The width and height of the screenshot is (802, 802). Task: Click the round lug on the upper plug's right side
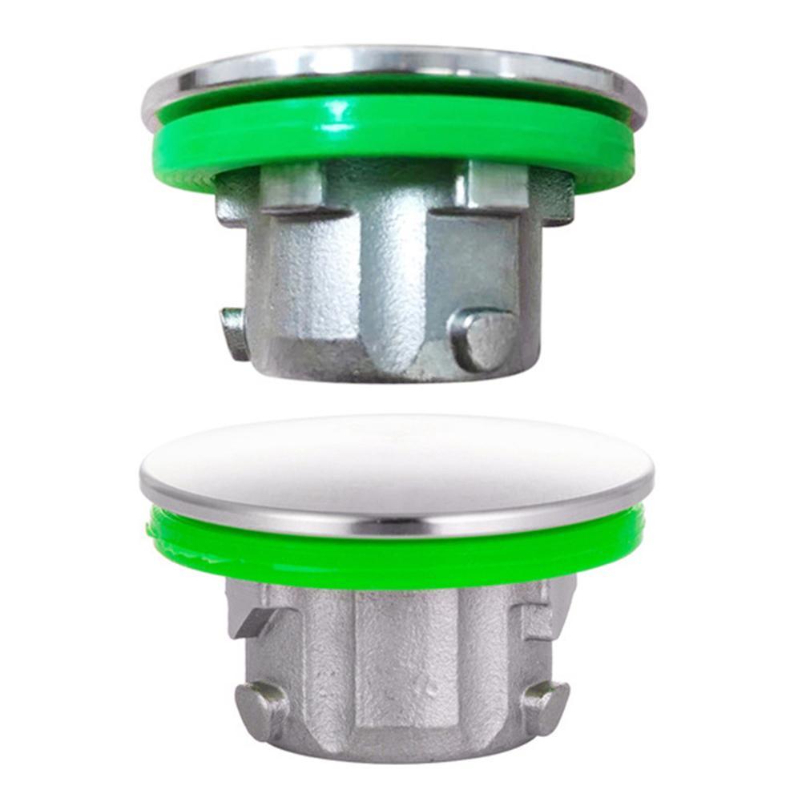click(483, 338)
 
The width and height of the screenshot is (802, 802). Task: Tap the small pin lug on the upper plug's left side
click(234, 332)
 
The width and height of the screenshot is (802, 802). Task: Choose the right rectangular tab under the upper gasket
click(497, 187)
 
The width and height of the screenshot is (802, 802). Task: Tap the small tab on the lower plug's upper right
click(534, 617)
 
